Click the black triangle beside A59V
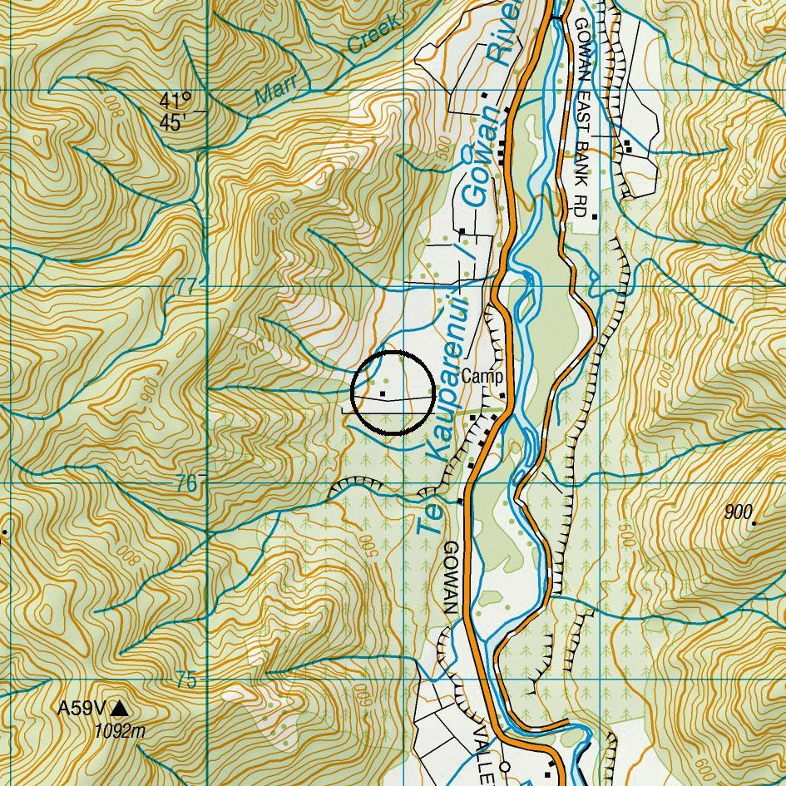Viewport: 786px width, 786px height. click(x=120, y=709)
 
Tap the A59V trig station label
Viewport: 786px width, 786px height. click(x=82, y=709)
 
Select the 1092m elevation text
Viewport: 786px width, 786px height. click(x=120, y=731)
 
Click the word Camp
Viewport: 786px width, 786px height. click(x=482, y=377)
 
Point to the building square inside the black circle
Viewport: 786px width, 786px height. click(x=383, y=392)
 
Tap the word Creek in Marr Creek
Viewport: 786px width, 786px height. click(x=373, y=35)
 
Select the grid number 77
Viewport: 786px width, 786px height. click(x=186, y=287)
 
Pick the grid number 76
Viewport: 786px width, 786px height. click(x=186, y=483)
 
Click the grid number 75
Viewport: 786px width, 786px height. click(x=186, y=680)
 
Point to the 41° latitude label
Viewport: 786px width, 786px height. click(x=175, y=101)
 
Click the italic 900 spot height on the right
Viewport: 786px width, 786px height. click(x=737, y=512)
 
